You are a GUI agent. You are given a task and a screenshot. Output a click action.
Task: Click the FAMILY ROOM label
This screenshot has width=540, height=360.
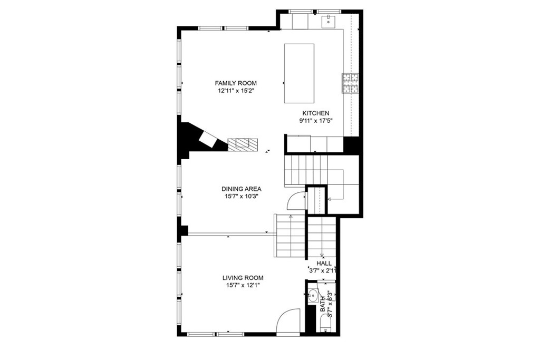pyautogui.click(x=236, y=83)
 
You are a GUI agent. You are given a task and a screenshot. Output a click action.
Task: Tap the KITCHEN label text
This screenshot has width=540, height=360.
pyautogui.click(x=315, y=113)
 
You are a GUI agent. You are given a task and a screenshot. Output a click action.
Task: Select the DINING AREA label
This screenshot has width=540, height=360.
pyautogui.click(x=242, y=189)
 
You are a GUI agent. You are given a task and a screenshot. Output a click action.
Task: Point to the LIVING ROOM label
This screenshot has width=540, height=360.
pyautogui.click(x=242, y=278)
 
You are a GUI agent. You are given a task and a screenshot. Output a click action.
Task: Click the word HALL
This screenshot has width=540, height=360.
pyautogui.click(x=324, y=263)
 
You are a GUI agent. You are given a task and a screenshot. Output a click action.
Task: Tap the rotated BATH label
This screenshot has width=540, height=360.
pyautogui.click(x=323, y=305)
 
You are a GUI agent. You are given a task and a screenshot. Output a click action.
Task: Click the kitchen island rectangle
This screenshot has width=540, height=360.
pyautogui.click(x=300, y=73)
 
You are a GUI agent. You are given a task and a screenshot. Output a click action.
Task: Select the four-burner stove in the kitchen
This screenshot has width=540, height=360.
pyautogui.click(x=351, y=83)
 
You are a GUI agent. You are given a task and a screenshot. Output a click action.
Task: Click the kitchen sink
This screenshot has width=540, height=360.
pyautogui.click(x=329, y=21)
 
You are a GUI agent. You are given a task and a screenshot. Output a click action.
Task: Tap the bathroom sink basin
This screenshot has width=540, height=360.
pyautogui.click(x=312, y=295)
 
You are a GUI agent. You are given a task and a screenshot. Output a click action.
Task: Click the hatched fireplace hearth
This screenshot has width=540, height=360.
pyautogui.click(x=243, y=144)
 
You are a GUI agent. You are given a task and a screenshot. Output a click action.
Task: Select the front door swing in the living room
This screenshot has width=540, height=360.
pyautogui.click(x=288, y=320)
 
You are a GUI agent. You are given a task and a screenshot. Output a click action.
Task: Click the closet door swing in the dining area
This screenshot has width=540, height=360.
pyautogui.click(x=296, y=200)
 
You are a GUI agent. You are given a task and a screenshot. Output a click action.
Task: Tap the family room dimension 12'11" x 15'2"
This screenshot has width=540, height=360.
pyautogui.click(x=236, y=91)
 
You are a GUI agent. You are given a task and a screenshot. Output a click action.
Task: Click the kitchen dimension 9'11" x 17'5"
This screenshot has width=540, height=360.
pyautogui.click(x=315, y=121)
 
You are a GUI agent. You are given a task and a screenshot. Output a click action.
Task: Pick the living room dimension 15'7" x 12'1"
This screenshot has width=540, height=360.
pyautogui.click(x=242, y=285)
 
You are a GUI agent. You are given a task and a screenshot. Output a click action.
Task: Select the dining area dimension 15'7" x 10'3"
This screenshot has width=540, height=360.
pyautogui.click(x=242, y=196)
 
